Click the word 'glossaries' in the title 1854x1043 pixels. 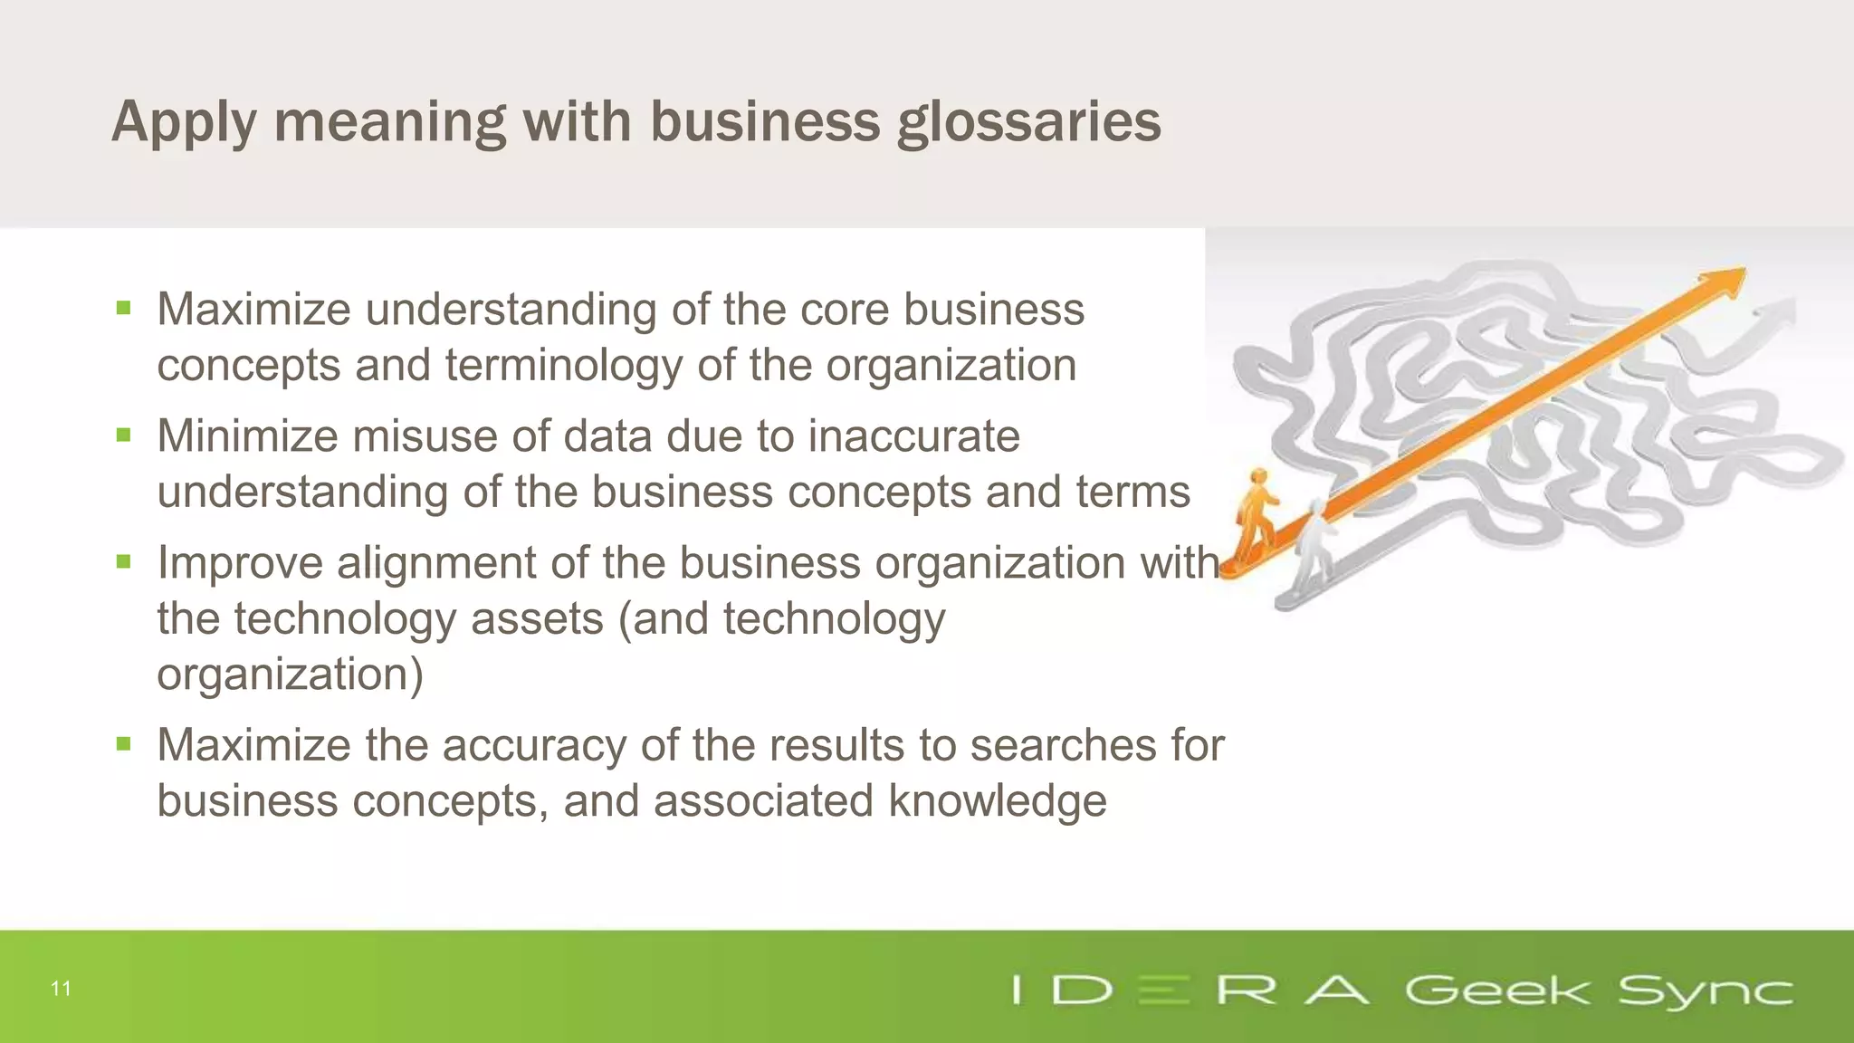[1028, 122]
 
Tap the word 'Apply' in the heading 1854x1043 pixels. [184, 122]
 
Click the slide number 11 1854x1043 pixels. [61, 989]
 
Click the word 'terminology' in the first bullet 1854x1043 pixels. [563, 366]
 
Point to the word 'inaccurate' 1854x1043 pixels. [913, 435]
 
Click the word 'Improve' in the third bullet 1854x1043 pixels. [240, 562]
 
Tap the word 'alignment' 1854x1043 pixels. [436, 562]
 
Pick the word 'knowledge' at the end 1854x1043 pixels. [997, 801]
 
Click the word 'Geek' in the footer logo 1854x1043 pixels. [1496, 990]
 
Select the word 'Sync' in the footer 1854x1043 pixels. [1705, 990]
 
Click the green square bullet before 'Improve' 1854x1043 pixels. [124, 562]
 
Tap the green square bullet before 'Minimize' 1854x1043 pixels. [124, 435]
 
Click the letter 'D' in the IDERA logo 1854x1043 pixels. [1083, 990]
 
